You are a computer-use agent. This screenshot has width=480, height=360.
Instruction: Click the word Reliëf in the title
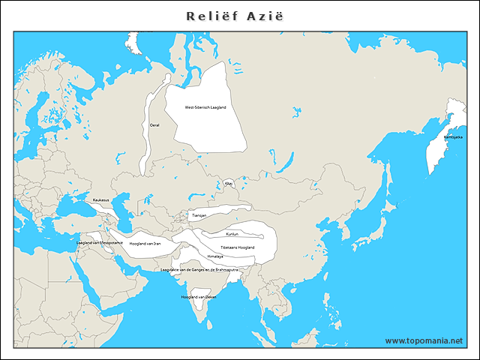point(211,16)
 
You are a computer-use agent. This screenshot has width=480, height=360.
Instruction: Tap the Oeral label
point(154,125)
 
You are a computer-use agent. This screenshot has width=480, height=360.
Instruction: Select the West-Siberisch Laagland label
point(205,107)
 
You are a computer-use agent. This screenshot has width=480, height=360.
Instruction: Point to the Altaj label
point(229,183)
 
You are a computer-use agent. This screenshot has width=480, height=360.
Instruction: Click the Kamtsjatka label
point(453,137)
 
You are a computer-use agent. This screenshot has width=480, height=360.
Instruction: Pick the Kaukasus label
point(101,200)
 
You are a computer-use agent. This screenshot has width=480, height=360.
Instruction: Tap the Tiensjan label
point(199,215)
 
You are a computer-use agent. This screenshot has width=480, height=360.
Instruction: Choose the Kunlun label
point(231,234)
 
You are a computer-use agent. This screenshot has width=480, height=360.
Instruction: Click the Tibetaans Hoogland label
point(238,247)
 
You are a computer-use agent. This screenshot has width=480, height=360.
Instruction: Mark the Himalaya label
point(215,256)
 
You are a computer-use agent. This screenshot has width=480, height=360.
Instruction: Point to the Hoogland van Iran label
point(145,244)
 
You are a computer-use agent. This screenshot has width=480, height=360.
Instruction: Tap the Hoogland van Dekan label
point(199,298)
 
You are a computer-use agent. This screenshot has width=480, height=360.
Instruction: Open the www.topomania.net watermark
point(424,340)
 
